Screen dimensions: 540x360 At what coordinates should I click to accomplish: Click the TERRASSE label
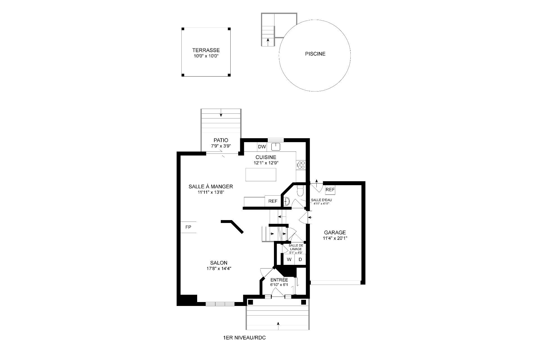pyautogui.click(x=206, y=50)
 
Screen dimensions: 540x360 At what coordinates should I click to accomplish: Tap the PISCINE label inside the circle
pyautogui.click(x=315, y=54)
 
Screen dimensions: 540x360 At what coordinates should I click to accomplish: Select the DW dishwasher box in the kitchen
pyautogui.click(x=262, y=147)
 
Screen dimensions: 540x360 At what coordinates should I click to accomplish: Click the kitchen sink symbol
pyautogui.click(x=276, y=146)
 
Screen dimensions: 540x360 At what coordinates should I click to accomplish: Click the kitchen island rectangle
pyautogui.click(x=261, y=175)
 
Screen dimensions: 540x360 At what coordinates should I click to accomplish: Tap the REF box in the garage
pyautogui.click(x=330, y=190)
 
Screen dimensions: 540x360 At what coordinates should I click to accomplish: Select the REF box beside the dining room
pyautogui.click(x=273, y=201)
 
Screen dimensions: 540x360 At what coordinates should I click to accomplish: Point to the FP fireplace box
pyautogui.click(x=188, y=227)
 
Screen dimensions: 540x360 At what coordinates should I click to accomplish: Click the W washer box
pyautogui.click(x=289, y=260)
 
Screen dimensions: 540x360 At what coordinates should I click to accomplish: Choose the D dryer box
pyautogui.click(x=300, y=260)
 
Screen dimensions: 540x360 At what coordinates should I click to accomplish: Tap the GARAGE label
pyautogui.click(x=335, y=233)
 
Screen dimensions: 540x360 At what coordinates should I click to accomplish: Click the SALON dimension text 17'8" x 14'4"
pyautogui.click(x=219, y=269)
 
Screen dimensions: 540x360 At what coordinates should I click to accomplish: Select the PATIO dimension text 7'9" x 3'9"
pyautogui.click(x=221, y=146)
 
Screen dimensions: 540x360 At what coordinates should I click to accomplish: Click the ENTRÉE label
pyautogui.click(x=279, y=280)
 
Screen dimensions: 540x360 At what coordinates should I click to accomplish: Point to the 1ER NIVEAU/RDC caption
pyautogui.click(x=244, y=338)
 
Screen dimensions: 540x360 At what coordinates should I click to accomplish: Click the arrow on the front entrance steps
pyautogui.click(x=278, y=325)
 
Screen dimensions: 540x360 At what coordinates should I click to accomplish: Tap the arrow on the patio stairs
pyautogui.click(x=221, y=113)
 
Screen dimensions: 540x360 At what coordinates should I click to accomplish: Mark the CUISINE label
pyautogui.click(x=266, y=157)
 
